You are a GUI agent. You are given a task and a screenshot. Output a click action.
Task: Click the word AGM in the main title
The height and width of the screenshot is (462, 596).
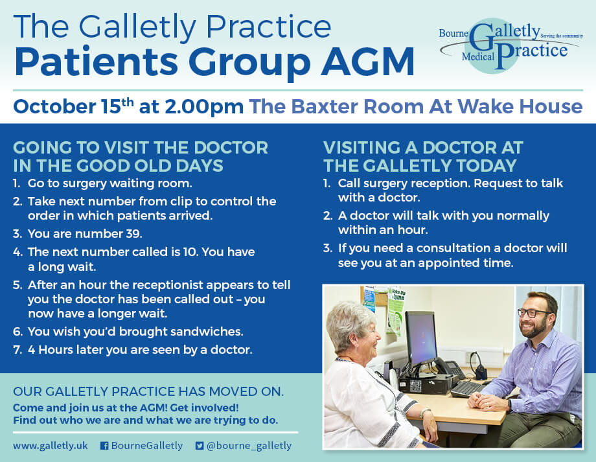tap(367, 62)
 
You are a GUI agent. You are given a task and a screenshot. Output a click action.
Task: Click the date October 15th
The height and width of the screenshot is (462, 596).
tap(73, 106)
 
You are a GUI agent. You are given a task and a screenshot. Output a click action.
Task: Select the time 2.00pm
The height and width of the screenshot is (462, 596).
tap(203, 107)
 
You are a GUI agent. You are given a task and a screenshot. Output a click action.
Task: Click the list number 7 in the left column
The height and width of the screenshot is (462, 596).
tap(17, 350)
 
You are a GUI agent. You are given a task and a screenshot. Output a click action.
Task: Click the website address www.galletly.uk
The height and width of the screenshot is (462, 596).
tap(50, 446)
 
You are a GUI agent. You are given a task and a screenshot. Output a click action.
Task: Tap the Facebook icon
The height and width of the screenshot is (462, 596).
tap(104, 446)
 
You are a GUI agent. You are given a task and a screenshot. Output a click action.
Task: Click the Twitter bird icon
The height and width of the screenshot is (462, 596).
tap(199, 446)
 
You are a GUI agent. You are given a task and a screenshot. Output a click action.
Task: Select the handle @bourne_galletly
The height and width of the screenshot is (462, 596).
tap(249, 446)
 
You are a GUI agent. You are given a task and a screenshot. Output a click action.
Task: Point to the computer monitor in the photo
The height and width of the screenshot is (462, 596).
tap(421, 340)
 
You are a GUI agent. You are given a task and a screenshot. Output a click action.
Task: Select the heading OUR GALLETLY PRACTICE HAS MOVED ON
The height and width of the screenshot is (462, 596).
tap(148, 391)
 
